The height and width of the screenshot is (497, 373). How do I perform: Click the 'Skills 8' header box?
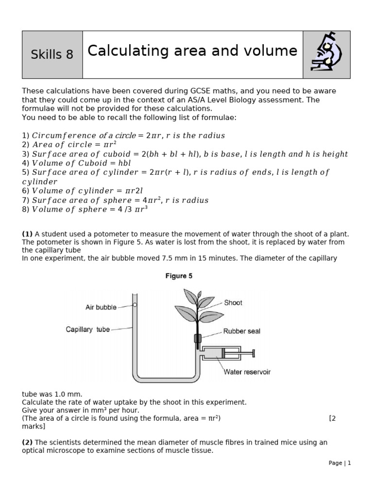coord(52,55)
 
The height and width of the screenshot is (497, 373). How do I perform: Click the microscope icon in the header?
coord(326,54)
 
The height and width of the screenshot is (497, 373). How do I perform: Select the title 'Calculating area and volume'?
coord(192,51)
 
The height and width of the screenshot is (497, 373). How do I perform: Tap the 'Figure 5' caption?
coord(179,276)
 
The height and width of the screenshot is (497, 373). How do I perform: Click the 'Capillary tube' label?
coord(88,330)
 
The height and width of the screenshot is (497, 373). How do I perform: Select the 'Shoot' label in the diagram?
coord(233,302)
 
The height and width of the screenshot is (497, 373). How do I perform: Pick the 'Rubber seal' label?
coord(241,331)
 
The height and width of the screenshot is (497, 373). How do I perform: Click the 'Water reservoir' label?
coord(247,372)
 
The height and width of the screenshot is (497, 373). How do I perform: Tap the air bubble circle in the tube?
coord(135,305)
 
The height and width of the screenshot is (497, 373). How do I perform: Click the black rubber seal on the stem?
coord(198,338)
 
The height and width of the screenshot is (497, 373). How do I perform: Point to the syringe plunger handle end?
coord(254,353)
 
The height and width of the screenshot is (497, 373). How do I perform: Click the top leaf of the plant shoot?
coord(188,295)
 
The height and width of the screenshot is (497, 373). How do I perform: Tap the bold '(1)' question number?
coord(27,234)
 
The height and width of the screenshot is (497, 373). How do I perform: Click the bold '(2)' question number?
coord(27,442)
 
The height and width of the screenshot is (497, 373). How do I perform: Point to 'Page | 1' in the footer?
coord(339,463)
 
